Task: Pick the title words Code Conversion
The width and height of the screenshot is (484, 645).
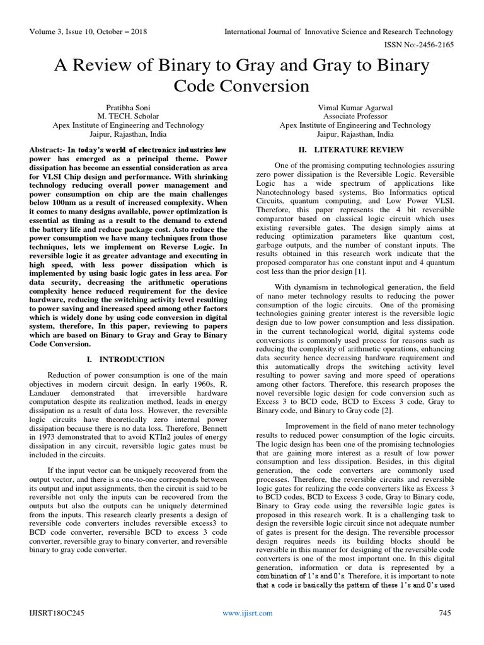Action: (241, 86)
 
